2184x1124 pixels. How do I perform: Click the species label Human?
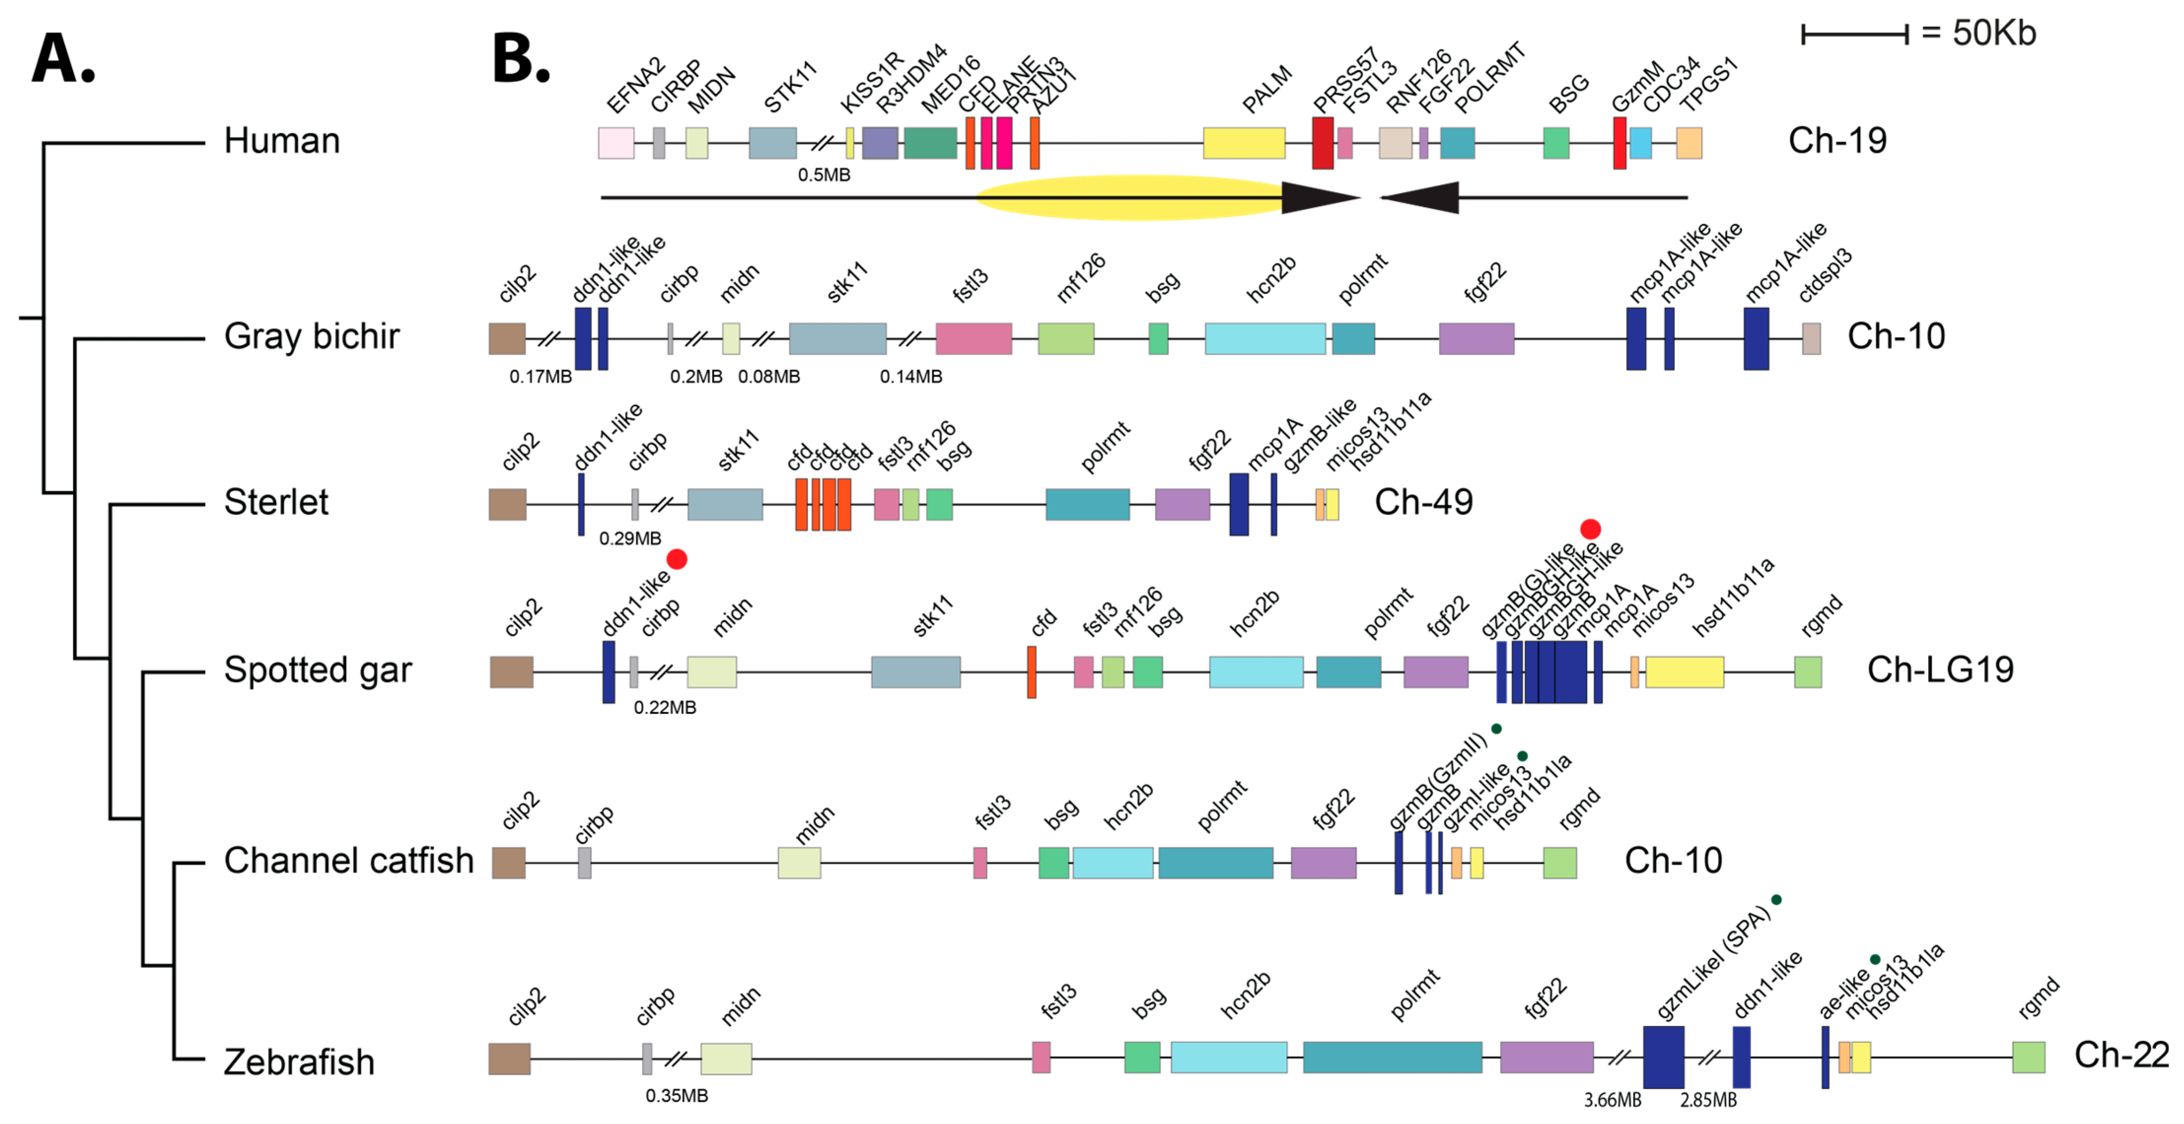pos(282,140)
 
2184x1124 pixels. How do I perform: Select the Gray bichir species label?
pos(311,337)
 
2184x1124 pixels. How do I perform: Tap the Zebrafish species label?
pos(298,1061)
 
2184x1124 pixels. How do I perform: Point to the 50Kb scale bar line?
pos(1854,35)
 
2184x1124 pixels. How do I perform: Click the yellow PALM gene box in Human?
pos(1244,143)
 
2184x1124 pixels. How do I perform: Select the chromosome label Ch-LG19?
pos(1940,669)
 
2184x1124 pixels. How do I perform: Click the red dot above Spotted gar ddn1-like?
pos(676,560)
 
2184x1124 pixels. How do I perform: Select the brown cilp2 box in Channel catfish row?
pos(509,863)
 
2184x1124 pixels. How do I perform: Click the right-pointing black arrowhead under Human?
pos(1318,198)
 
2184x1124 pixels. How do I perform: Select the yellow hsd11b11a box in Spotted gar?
pos(1684,672)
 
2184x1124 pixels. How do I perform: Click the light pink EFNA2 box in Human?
pos(616,143)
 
